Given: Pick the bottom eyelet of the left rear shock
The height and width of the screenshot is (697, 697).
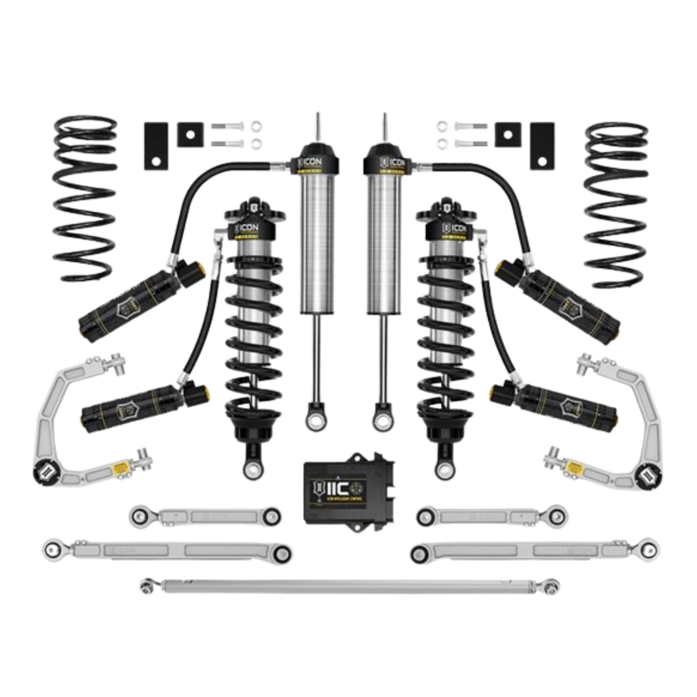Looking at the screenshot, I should tap(316, 420).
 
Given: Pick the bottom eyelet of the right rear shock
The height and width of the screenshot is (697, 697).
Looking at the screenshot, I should tap(382, 420).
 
